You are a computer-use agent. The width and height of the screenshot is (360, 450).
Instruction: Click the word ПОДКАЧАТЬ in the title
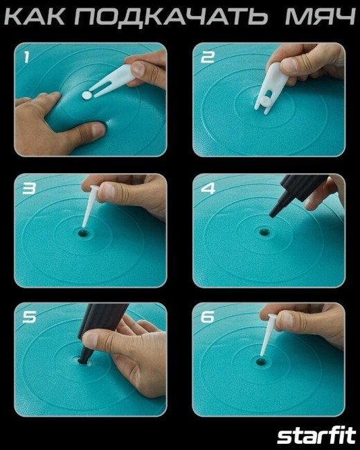[171, 17]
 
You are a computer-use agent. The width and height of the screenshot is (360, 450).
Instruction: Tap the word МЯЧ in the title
[321, 17]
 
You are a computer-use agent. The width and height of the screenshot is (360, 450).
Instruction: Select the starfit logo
[316, 436]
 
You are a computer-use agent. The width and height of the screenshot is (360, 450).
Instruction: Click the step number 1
[26, 57]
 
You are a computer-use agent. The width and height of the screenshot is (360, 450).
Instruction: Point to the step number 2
[208, 57]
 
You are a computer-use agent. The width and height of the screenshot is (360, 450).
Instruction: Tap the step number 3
[29, 188]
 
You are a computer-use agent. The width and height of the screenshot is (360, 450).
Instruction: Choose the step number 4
[208, 188]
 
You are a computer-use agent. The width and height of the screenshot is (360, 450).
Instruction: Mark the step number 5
[29, 317]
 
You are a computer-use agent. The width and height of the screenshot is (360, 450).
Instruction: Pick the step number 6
[208, 317]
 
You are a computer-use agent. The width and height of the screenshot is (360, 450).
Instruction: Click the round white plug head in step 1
[87, 96]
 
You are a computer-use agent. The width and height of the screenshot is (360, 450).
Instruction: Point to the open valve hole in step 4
[263, 231]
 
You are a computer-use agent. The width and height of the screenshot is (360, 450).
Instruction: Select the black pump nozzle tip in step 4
[273, 213]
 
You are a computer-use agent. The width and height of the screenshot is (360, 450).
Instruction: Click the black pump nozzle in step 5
[98, 332]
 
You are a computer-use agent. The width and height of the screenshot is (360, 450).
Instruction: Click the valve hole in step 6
[261, 361]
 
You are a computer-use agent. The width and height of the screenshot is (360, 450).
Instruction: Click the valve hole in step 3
[83, 232]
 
